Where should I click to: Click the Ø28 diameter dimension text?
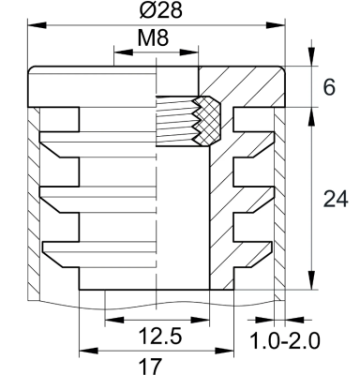pyautogui.click(x=156, y=12)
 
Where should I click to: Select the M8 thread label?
pyautogui.click(x=155, y=39)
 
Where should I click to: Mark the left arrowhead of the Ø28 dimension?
pyautogui.click(x=35, y=25)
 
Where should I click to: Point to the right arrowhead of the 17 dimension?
pyautogui.click(x=226, y=352)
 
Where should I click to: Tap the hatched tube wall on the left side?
pyautogui.click(x=33, y=206)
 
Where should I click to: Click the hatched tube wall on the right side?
pyautogui.click(x=279, y=206)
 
